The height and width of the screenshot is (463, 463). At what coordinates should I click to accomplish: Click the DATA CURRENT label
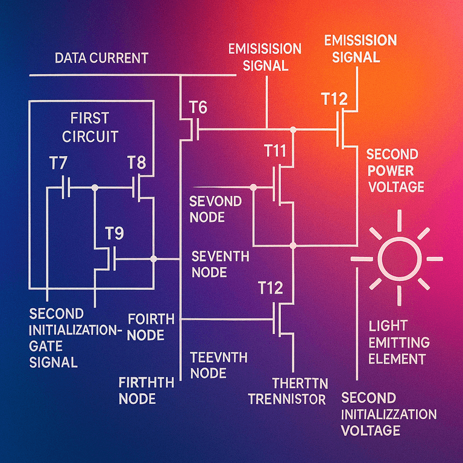pos(101,58)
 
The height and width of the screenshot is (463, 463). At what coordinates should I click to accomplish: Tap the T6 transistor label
pos(198,109)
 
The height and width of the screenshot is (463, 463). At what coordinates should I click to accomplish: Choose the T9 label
pos(115,234)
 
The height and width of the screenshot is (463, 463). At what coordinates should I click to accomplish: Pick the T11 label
pos(275,151)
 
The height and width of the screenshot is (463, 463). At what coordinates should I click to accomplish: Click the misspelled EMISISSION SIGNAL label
pos(265,57)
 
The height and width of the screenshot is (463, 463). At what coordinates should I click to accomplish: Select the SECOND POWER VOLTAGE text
pos(395,170)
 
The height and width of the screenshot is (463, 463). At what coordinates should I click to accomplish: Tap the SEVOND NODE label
pos(215,209)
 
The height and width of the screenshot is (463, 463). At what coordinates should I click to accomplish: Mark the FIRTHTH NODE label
pos(146,389)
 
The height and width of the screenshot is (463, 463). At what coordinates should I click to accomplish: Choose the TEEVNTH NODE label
pos(218,365)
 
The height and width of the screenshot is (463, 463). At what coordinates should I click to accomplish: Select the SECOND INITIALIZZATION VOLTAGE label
pos(389,414)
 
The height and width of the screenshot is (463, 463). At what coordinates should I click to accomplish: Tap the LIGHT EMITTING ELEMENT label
pos(398,343)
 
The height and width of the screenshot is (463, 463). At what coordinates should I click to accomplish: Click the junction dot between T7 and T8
pos(95,187)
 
